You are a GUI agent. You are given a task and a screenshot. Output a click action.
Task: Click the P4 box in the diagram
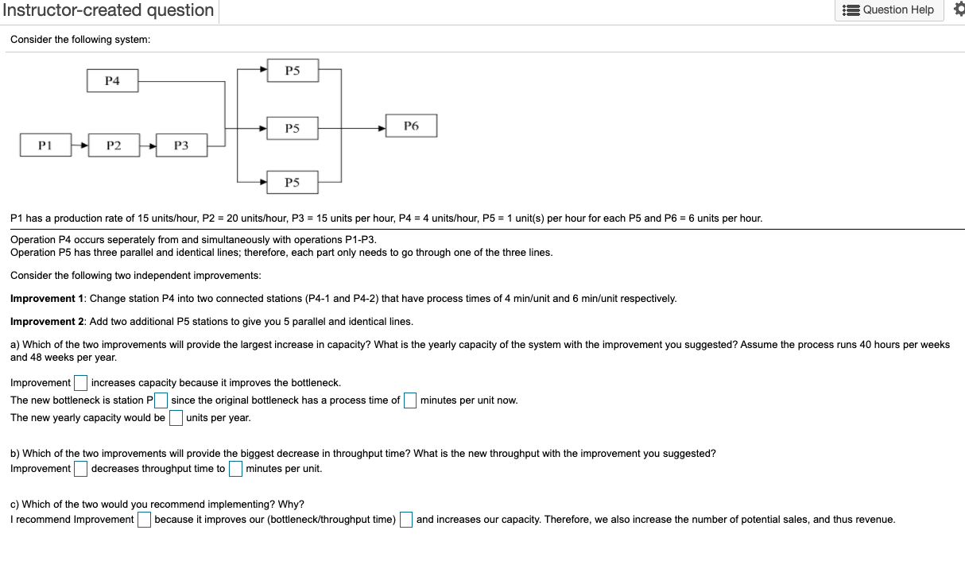click(112, 81)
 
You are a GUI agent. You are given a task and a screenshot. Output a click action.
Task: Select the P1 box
click(45, 145)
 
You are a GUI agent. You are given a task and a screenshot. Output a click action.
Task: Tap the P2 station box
click(114, 145)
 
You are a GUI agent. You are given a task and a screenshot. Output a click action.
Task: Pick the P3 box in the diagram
click(181, 145)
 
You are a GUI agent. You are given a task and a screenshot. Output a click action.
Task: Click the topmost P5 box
click(292, 71)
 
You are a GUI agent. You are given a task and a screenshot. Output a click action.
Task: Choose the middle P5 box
click(292, 128)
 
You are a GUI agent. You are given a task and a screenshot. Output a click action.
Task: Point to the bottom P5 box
click(292, 183)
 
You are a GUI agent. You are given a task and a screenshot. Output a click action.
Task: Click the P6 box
click(411, 126)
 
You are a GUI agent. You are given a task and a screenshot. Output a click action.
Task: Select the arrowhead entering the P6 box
click(382, 127)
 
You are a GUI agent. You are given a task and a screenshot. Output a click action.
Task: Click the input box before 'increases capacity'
click(80, 383)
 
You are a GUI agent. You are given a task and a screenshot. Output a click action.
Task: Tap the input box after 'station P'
click(161, 400)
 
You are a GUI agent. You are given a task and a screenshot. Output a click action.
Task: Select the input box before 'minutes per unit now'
click(410, 400)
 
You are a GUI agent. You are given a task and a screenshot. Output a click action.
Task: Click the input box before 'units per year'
click(176, 418)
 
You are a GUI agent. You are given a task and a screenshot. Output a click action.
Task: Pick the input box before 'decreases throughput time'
click(80, 469)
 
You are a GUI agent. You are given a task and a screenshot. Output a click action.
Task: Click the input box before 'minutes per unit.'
click(235, 469)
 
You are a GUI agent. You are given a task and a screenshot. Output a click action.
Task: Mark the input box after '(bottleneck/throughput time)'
click(406, 520)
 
